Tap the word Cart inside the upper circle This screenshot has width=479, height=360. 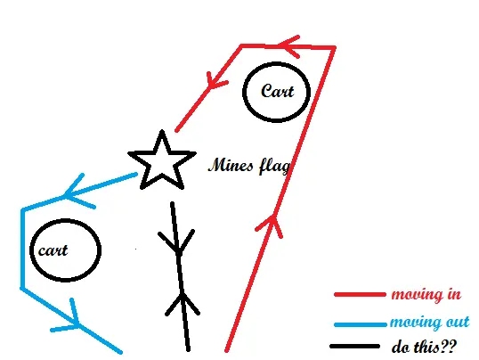(x=278, y=91)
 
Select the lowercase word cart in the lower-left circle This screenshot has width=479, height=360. (x=53, y=250)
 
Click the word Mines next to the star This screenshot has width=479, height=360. (x=231, y=165)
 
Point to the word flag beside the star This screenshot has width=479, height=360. (x=274, y=167)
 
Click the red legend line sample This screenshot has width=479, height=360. (x=360, y=295)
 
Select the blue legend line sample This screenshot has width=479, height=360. (x=360, y=324)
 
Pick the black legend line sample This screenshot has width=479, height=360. (x=354, y=347)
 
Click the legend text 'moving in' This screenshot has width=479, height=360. (x=426, y=294)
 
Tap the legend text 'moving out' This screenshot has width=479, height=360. (x=430, y=322)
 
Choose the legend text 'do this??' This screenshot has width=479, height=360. (x=424, y=347)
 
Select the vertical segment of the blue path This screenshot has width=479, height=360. (x=22, y=249)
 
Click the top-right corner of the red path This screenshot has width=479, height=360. (x=334, y=48)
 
